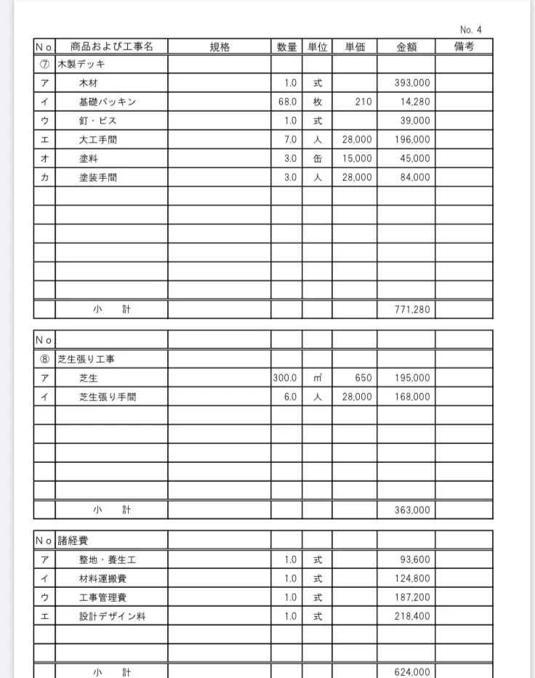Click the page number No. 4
pyautogui.click(x=471, y=30)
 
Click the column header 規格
pyautogui.click(x=220, y=47)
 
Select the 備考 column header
pyautogui.click(x=464, y=47)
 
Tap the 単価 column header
pyautogui.click(x=355, y=47)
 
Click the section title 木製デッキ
pyautogui.click(x=81, y=65)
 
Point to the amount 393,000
pyautogui.click(x=412, y=84)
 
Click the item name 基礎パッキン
pyautogui.click(x=108, y=102)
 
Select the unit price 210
pyautogui.click(x=363, y=102)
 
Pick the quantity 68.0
pyautogui.click(x=288, y=102)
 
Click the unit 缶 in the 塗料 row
pyautogui.click(x=318, y=158)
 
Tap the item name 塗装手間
pyautogui.click(x=98, y=177)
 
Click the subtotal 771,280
pyautogui.click(x=412, y=310)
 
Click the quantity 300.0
pyautogui.click(x=286, y=378)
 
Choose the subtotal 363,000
pyautogui.click(x=412, y=510)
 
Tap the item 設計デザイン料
pyautogui.click(x=113, y=616)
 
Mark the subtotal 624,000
pyautogui.click(x=412, y=672)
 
